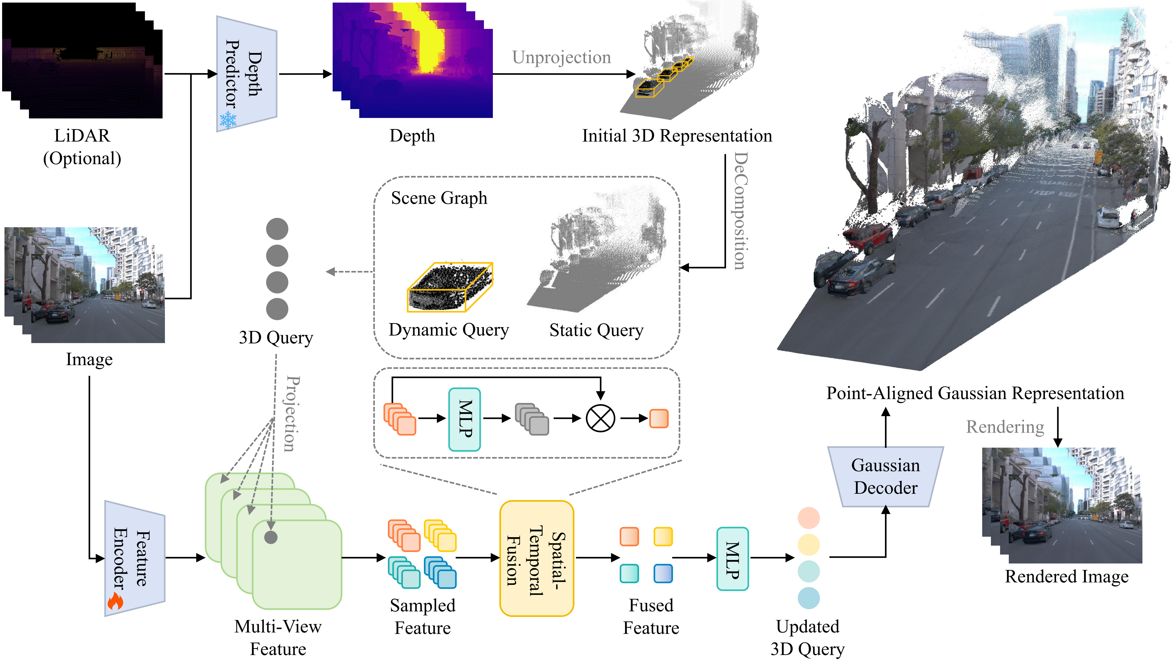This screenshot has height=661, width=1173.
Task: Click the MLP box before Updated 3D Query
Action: coord(732,559)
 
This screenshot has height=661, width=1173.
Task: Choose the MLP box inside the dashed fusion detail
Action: coord(464,419)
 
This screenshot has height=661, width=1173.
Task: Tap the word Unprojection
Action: coord(562,57)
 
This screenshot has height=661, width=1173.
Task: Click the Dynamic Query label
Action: coord(449,330)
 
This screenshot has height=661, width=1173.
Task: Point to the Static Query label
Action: coord(597,330)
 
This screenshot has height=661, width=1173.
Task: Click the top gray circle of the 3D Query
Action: coord(277,229)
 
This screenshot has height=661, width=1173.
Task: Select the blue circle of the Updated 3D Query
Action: coord(809,598)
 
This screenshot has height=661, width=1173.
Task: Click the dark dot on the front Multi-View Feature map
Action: coord(271,537)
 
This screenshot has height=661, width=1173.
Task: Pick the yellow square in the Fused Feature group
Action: coord(663,536)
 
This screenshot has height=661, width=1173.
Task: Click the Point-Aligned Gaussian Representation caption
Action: coord(975,393)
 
